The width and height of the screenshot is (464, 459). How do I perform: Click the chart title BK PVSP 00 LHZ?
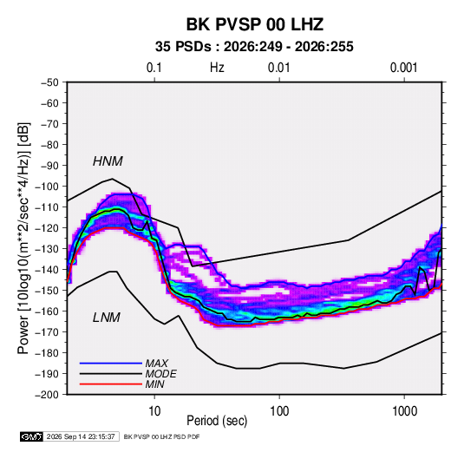click(x=254, y=24)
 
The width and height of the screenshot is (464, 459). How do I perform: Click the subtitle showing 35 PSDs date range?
click(x=254, y=47)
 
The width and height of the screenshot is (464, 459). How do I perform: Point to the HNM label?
click(x=108, y=161)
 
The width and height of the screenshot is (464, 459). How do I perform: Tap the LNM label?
click(x=107, y=318)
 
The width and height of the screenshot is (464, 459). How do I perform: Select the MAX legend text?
click(x=156, y=364)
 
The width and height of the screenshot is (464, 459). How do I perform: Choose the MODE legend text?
click(x=160, y=374)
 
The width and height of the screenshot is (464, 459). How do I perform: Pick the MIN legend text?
click(x=154, y=384)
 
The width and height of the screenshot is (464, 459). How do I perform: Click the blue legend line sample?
click(x=111, y=364)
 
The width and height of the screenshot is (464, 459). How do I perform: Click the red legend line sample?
click(x=111, y=384)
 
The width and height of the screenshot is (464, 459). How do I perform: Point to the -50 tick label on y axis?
click(x=49, y=82)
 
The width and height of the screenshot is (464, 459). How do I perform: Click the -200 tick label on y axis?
click(x=47, y=395)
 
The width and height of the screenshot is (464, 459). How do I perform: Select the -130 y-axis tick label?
click(x=47, y=249)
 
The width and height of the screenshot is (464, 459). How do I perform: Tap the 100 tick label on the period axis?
click(x=279, y=411)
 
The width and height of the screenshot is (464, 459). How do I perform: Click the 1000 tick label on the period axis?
click(x=404, y=411)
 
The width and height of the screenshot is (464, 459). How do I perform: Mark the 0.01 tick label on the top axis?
click(x=278, y=68)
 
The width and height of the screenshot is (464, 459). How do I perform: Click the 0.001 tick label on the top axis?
click(x=403, y=68)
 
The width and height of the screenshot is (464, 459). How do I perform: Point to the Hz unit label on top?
click(x=217, y=68)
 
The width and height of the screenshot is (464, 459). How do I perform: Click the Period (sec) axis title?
click(x=217, y=421)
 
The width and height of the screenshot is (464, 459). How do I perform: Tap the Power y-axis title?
click(x=23, y=239)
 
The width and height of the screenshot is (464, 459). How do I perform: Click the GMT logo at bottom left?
click(x=31, y=436)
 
